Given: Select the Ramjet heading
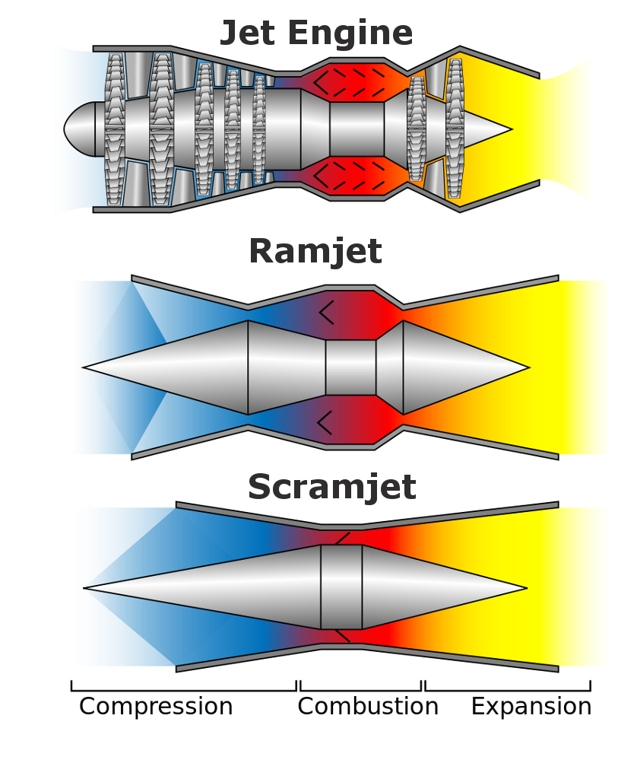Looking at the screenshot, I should click(x=315, y=252).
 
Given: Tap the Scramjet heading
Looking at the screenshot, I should click(x=331, y=488).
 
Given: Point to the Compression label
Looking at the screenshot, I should click(x=156, y=707).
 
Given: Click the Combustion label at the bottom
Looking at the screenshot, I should click(x=368, y=707).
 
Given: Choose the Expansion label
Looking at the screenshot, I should click(x=531, y=707).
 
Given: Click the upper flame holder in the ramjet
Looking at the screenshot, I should click(x=326, y=313).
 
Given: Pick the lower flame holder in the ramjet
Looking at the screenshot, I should click(x=325, y=422).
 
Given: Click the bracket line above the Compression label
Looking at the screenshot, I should click(x=183, y=690).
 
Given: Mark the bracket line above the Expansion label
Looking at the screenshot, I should click(x=507, y=690).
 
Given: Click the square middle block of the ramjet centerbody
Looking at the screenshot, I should click(x=350, y=367).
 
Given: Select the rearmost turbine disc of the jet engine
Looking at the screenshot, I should click(x=455, y=129).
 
